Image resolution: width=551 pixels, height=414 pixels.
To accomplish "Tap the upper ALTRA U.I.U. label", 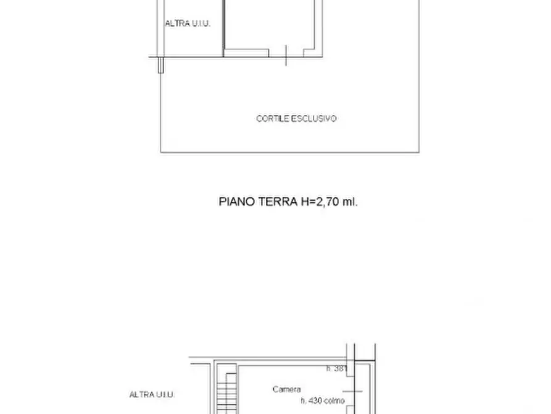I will [x=188, y=23].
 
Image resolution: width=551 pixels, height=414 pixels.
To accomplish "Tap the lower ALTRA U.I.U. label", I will [x=152, y=394].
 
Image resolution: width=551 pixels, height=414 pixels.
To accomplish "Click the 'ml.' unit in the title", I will [x=350, y=201].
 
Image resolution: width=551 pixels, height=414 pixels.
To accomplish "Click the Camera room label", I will [x=287, y=389].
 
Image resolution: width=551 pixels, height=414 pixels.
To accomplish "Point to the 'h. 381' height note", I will [x=337, y=369].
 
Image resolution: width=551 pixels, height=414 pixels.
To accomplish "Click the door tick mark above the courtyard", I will [x=287, y=56].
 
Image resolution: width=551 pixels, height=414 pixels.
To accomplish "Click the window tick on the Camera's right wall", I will [x=354, y=391].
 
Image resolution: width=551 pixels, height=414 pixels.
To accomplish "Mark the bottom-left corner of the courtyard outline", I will [x=161, y=152].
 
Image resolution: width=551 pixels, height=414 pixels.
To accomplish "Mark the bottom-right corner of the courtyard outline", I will [x=419, y=152].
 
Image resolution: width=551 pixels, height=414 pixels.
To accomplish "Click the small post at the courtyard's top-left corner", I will [x=161, y=65].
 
